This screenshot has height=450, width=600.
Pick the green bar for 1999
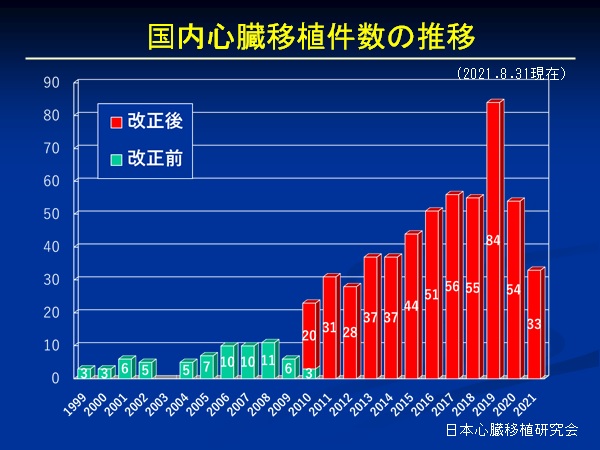click(86, 374)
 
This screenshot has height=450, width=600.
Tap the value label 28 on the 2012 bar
click(351, 333)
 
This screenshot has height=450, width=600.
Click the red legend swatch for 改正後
click(116, 122)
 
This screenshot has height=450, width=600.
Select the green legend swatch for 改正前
click(116, 157)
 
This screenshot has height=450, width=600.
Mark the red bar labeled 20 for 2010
click(310, 335)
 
